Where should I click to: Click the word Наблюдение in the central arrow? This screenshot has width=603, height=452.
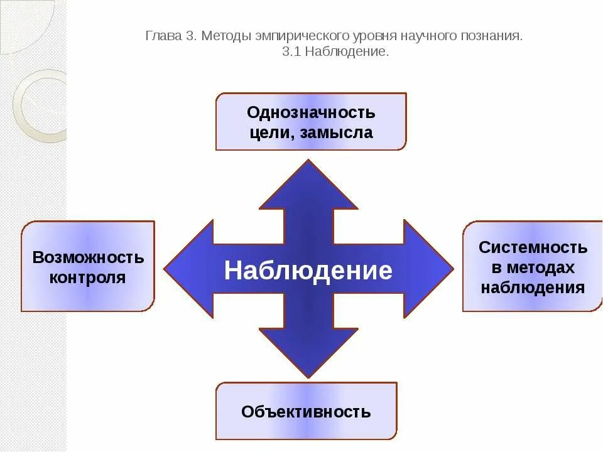308,271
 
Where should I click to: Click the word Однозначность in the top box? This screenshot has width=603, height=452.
311,113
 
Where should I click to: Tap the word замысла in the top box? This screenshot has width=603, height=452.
341,133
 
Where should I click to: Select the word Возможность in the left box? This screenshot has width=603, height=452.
88,257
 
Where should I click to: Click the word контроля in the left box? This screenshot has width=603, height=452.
88,277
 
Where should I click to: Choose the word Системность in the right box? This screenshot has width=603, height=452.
533,247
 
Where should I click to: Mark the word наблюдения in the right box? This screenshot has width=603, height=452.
533,288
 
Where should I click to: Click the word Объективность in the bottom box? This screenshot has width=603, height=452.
306,412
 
